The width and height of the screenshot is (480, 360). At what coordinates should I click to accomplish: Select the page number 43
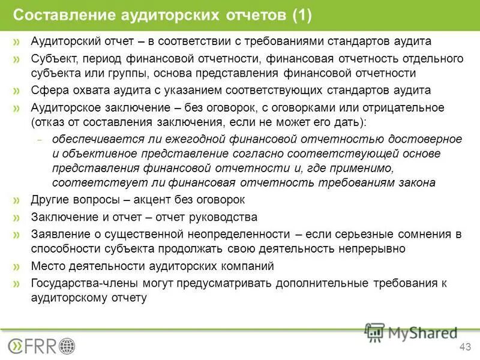click(464, 346)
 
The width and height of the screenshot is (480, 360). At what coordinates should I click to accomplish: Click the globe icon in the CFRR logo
click(67, 346)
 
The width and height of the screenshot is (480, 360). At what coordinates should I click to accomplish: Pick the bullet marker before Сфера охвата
click(17, 91)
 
